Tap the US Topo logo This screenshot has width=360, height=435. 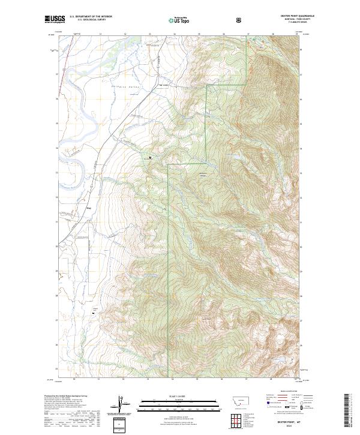(181, 20)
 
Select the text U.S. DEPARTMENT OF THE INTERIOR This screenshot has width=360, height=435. (91, 17)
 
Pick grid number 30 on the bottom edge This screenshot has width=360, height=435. (74, 379)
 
